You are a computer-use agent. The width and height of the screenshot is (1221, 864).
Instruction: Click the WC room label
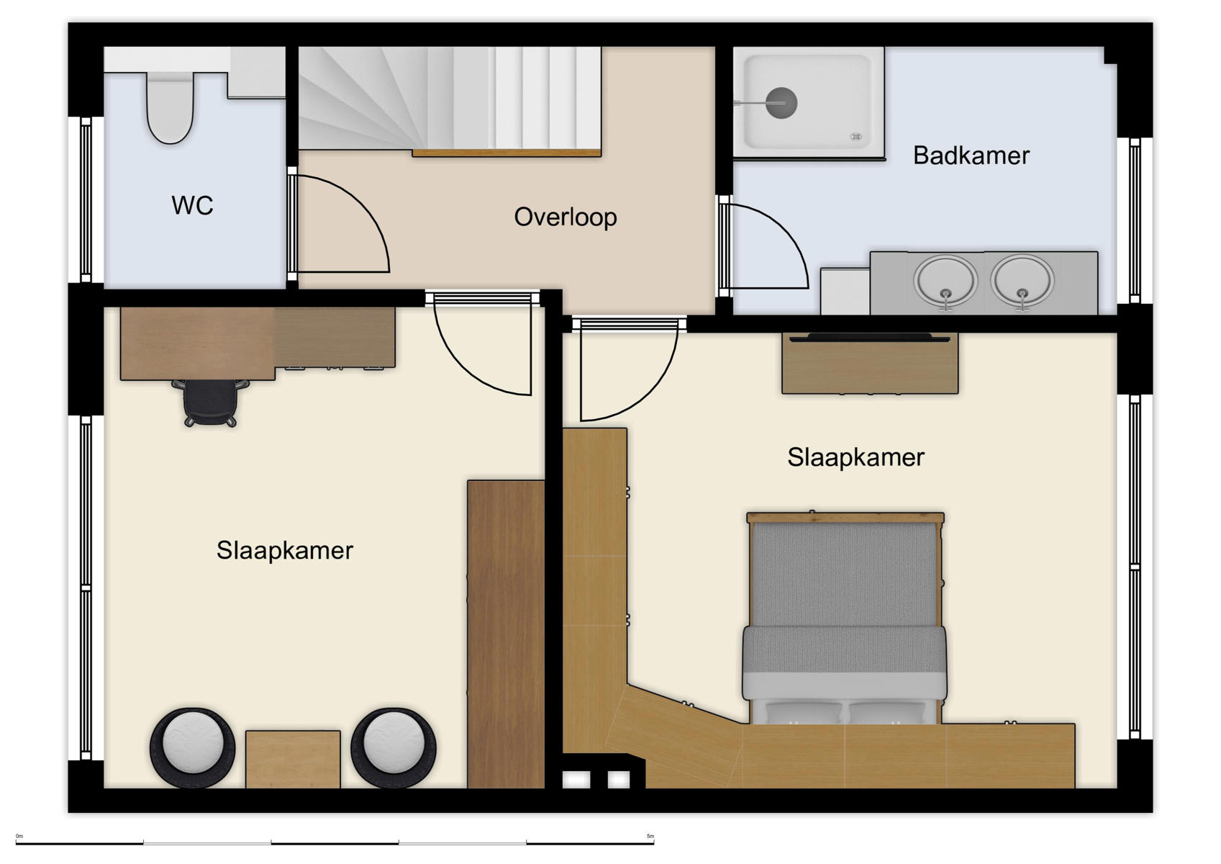pyautogui.click(x=192, y=206)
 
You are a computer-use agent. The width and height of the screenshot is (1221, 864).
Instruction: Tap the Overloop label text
pyautogui.click(x=565, y=217)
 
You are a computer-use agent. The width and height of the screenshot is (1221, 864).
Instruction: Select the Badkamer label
pyautogui.click(x=971, y=156)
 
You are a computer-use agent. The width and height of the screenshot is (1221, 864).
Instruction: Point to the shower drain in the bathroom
pyautogui.click(x=781, y=103)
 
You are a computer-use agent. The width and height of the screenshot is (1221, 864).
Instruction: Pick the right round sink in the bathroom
pyautogui.click(x=1022, y=281)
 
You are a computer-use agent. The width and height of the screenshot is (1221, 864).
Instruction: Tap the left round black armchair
pyautogui.click(x=192, y=749)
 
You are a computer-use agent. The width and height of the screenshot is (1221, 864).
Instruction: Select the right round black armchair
pyautogui.click(x=394, y=749)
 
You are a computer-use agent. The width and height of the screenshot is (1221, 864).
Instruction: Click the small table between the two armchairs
pyautogui.click(x=293, y=759)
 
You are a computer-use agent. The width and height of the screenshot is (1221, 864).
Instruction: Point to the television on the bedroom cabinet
pyautogui.click(x=869, y=337)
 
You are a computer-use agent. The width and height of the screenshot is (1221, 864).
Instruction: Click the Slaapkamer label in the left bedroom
pyautogui.click(x=284, y=551)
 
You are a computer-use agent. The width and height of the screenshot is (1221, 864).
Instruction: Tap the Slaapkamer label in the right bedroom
pyautogui.click(x=855, y=457)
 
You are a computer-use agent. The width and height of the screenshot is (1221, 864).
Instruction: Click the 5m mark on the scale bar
pyautogui.click(x=650, y=837)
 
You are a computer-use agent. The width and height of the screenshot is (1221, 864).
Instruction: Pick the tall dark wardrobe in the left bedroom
pyautogui.click(x=506, y=634)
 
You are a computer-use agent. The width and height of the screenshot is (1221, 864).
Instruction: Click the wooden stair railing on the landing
pyautogui.click(x=507, y=153)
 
